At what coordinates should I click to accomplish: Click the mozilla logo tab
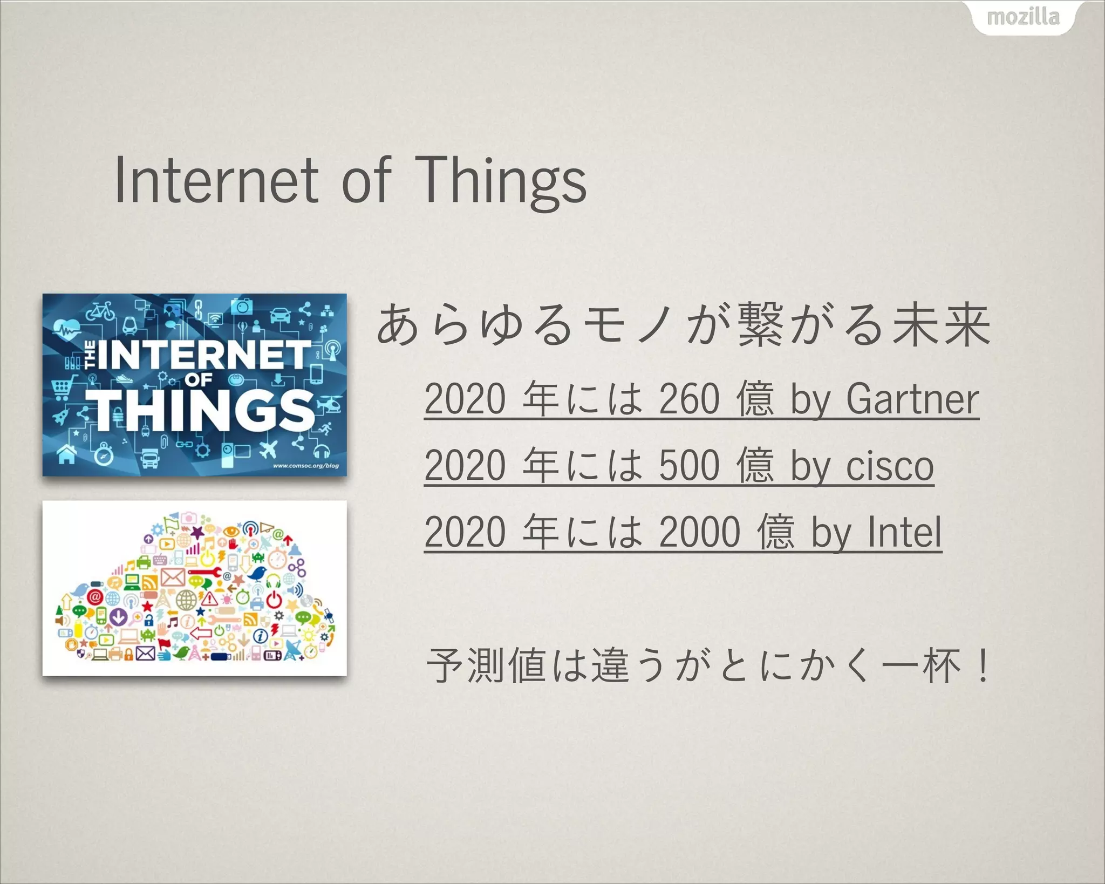(x=1023, y=17)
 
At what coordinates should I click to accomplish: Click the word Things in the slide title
(x=501, y=181)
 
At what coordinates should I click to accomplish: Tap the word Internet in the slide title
(x=216, y=181)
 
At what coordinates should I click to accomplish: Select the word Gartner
(x=912, y=399)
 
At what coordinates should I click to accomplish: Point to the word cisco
(x=890, y=466)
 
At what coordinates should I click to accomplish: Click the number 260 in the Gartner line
(x=690, y=399)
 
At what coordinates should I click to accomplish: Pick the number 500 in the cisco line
(x=690, y=466)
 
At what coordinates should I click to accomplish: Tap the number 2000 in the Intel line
(x=700, y=532)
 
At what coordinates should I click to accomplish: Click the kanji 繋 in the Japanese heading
(x=760, y=324)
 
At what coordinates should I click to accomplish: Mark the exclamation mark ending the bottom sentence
(x=983, y=665)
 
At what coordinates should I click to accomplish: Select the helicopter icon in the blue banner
(x=329, y=403)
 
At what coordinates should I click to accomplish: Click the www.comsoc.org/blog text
(x=306, y=466)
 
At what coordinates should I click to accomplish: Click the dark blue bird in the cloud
(x=257, y=573)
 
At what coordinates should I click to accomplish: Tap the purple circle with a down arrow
(x=118, y=616)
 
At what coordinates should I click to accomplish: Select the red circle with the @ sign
(x=94, y=597)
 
